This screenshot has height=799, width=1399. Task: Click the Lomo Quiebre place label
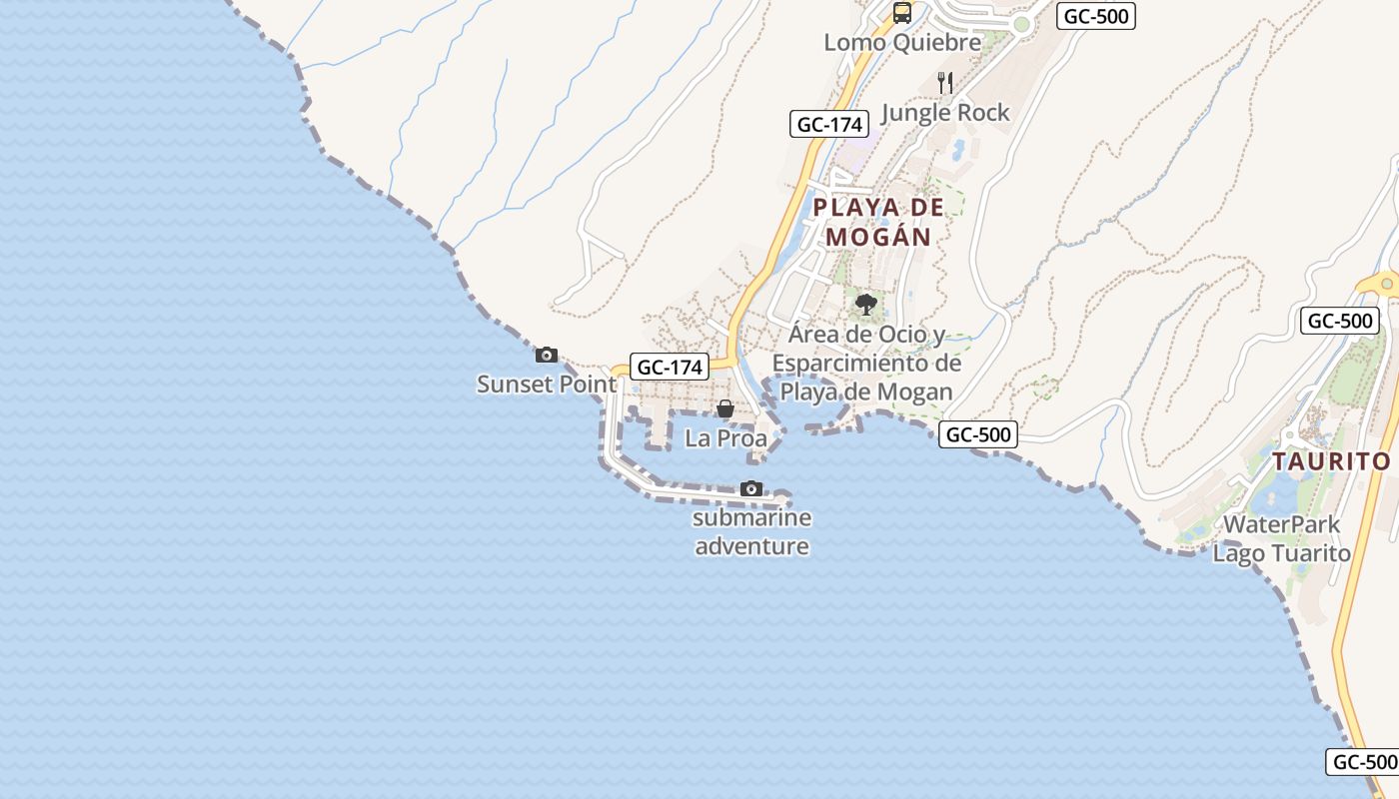(902, 43)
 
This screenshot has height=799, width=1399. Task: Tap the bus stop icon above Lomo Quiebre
(902, 13)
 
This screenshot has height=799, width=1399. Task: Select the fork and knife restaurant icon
(945, 82)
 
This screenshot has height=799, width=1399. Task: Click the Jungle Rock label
(945, 112)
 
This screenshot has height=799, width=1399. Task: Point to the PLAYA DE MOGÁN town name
(878, 222)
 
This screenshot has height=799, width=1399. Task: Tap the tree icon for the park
(866, 304)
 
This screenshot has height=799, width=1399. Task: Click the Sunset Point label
(547, 384)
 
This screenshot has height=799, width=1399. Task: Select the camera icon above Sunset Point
(547, 355)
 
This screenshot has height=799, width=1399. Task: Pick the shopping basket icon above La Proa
(725, 408)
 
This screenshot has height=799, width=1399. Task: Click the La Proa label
(725, 437)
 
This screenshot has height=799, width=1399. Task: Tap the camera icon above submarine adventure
(751, 488)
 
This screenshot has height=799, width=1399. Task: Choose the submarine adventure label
(751, 532)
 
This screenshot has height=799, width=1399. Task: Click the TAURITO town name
(1331, 461)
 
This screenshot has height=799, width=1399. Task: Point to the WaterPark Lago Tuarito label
(1281, 538)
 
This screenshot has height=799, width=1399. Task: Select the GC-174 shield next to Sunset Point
(670, 367)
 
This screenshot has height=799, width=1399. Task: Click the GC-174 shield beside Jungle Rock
(827, 124)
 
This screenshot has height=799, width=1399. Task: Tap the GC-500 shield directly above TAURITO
(1340, 321)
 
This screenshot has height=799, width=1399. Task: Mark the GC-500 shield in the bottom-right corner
(1364, 761)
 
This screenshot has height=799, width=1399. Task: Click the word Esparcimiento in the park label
(866, 363)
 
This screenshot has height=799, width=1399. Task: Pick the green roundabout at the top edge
(1020, 25)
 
